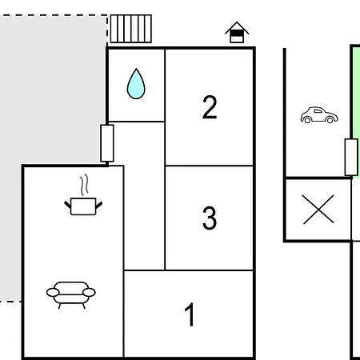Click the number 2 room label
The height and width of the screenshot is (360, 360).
point(210,107)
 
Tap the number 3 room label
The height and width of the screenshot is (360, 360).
point(210,218)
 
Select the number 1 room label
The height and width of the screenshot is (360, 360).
point(190,314)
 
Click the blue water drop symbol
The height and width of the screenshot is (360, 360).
point(136,84)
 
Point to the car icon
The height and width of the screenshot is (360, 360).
point(319,115)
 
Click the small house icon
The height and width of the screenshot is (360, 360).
point(237,32)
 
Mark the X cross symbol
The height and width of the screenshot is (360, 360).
point(318,209)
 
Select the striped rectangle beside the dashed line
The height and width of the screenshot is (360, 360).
point(131,29)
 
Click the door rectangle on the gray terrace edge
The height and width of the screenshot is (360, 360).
point(107,143)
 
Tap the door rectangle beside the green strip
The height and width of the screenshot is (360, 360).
point(351,157)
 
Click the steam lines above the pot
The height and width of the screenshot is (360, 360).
point(84,185)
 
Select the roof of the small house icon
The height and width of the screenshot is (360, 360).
point(237,27)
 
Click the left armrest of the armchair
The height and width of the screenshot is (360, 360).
point(53,293)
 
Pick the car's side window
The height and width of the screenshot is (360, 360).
point(318,111)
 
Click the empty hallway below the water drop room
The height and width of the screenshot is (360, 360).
point(144,196)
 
